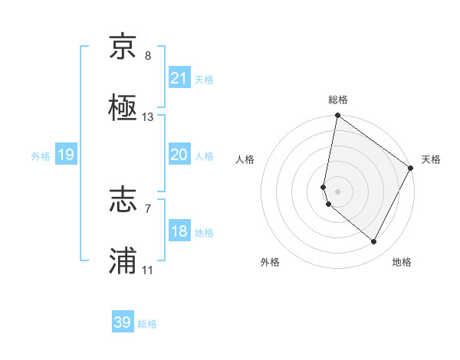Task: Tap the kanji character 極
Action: (123, 109)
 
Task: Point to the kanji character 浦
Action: (123, 262)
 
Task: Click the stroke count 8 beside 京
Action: (148, 56)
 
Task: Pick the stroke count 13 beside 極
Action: (148, 118)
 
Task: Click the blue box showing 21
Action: (179, 78)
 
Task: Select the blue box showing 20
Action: (179, 155)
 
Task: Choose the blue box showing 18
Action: (179, 231)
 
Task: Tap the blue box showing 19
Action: (65, 155)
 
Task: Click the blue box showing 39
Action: (123, 322)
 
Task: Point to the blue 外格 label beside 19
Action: (41, 155)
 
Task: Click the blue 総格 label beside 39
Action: (147, 324)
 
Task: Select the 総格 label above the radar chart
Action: (338, 100)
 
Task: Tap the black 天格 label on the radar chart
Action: (432, 159)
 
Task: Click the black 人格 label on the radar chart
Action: (245, 159)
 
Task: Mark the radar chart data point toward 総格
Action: (337, 116)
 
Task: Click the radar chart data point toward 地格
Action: (374, 242)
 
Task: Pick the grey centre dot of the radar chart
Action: (338, 191)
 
